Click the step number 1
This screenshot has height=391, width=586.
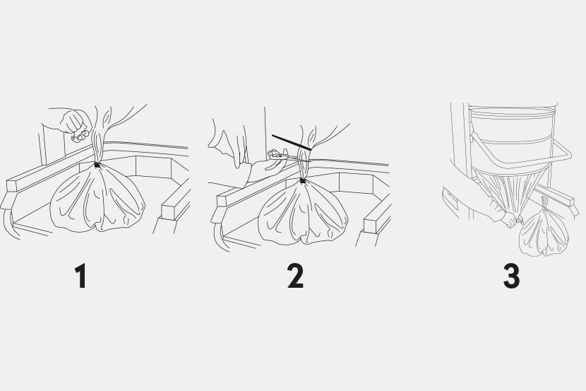81,276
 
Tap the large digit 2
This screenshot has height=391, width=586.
295,276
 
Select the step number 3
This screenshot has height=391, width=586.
511,276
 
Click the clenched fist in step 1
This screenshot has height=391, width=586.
76,123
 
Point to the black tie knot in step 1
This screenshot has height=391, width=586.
97,165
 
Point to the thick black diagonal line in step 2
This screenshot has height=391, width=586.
292,143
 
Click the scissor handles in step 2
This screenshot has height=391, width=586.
276,153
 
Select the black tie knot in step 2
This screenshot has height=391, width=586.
302,182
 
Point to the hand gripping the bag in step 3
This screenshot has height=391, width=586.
509,219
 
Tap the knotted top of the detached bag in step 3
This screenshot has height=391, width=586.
544,204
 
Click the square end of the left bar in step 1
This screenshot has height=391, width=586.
11,186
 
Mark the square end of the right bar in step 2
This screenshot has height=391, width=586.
371,226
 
